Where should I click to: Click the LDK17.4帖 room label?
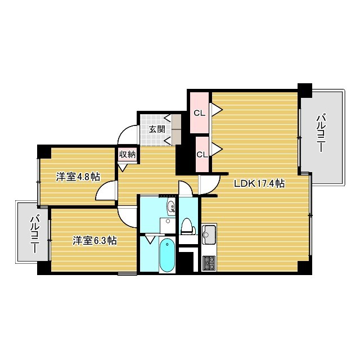259,183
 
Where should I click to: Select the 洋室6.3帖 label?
94,240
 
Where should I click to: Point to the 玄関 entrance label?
157,129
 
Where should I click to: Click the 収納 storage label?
127,155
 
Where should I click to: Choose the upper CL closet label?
199,113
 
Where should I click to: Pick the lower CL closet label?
202,155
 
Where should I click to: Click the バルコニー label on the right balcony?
321,134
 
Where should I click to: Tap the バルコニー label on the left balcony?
34,234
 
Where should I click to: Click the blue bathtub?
167,255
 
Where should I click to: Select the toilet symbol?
187,226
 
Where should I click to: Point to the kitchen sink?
209,235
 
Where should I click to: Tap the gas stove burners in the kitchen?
209,263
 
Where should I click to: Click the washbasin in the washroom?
171,207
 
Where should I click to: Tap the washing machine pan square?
168,226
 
